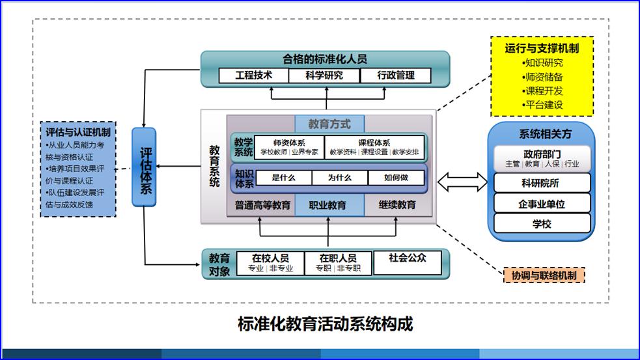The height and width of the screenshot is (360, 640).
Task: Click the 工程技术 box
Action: tap(253, 76)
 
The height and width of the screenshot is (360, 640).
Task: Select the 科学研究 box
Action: tap(324, 76)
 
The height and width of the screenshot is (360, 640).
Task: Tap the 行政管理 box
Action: tap(395, 76)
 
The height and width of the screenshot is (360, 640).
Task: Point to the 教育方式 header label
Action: tap(329, 123)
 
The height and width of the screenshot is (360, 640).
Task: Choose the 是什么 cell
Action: tap(284, 178)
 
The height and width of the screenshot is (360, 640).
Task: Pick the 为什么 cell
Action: tap(339, 178)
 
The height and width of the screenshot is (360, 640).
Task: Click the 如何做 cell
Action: tap(396, 178)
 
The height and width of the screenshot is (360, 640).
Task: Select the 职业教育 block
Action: tap(327, 205)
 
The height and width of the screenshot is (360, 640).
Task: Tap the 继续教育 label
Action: tap(397, 205)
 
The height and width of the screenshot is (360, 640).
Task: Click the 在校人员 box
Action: tap(271, 262)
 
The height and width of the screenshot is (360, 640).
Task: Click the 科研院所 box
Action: tap(542, 183)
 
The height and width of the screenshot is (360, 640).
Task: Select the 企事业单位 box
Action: tap(542, 203)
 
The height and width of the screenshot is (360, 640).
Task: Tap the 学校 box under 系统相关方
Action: tap(542, 223)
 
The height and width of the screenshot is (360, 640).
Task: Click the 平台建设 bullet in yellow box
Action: tap(542, 105)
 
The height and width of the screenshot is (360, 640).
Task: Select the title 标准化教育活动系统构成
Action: tap(326, 324)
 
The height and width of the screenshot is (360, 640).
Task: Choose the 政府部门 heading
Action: tap(542, 154)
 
